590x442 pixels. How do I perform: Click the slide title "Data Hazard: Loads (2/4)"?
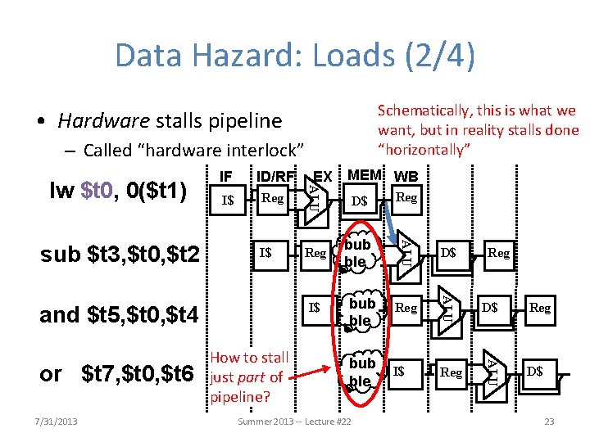(x=295, y=56)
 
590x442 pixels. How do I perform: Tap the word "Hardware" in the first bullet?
(x=103, y=122)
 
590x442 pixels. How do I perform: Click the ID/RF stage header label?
(x=275, y=176)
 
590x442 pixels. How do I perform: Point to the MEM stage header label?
(x=365, y=175)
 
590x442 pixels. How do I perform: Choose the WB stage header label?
(x=406, y=176)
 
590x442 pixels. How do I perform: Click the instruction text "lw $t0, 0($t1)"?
(x=119, y=192)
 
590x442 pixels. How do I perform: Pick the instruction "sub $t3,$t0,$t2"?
(x=120, y=255)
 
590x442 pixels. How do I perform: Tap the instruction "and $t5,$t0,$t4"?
(x=120, y=313)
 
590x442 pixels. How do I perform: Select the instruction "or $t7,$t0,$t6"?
(x=116, y=373)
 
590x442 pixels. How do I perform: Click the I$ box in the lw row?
(x=229, y=200)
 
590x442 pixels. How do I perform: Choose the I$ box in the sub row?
(x=265, y=253)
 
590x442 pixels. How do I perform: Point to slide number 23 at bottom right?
(x=548, y=422)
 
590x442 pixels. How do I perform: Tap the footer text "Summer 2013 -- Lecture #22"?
(x=294, y=422)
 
